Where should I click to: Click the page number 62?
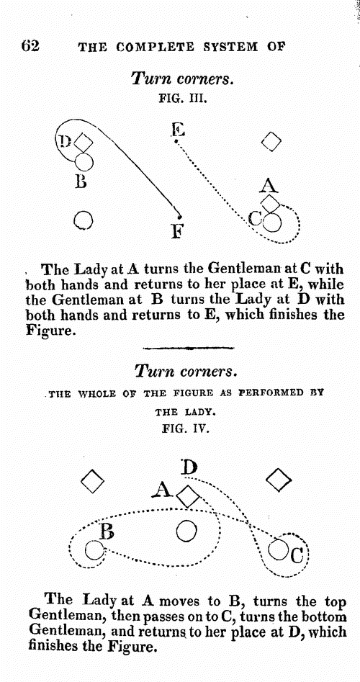tap(30, 45)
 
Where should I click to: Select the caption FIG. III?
tap(183, 98)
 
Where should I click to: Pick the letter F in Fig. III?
tap(176, 231)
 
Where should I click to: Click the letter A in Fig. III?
tap(269, 186)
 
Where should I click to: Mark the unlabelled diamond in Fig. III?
tap(271, 142)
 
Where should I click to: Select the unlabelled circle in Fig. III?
tap(83, 220)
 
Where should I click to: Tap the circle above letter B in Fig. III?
tap(84, 162)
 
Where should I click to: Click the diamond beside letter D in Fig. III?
tap(83, 142)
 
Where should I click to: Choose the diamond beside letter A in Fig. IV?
tap(188, 497)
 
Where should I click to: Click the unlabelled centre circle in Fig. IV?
tap(186, 531)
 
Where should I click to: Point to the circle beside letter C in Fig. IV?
tap(277, 549)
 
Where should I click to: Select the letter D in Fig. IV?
tap(189, 467)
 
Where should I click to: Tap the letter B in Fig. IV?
tap(107, 532)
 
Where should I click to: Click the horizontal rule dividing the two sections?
tap(188, 348)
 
